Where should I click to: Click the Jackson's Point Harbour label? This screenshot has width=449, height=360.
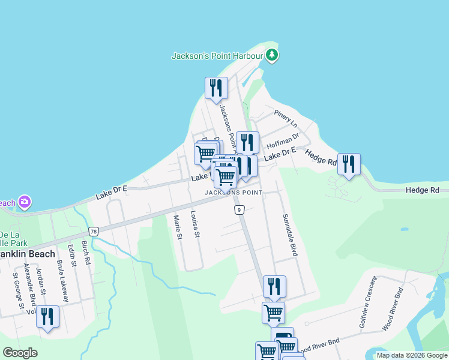click(x=217, y=56)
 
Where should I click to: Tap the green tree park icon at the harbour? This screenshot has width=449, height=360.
click(x=273, y=56)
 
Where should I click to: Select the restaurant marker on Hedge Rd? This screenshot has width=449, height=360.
click(x=348, y=164)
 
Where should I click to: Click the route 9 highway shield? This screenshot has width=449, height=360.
click(x=240, y=209)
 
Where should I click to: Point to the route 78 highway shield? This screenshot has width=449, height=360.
click(x=93, y=230)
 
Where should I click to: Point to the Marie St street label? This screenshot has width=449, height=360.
click(x=178, y=228)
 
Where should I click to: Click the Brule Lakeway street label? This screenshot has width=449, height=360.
click(x=62, y=281)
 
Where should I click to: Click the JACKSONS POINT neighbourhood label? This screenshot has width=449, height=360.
click(x=234, y=193)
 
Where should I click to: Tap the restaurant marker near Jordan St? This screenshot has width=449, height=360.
click(x=47, y=317)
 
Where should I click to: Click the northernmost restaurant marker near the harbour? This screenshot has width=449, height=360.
click(x=215, y=88)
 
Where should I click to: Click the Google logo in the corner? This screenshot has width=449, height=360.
click(x=20, y=353)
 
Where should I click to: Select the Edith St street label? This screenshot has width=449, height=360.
click(x=73, y=256)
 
